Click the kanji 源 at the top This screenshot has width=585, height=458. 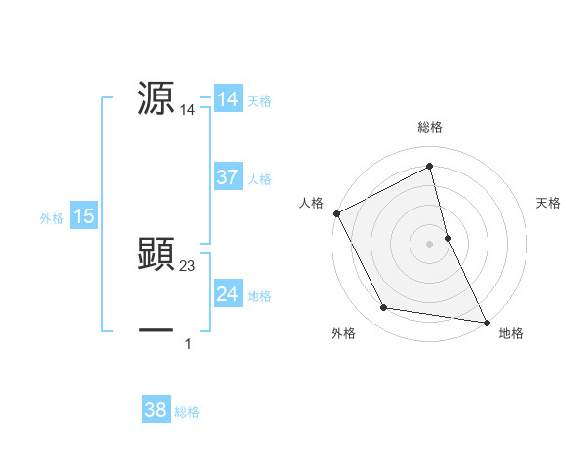[x=157, y=98]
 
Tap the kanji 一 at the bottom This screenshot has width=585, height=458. [x=157, y=330]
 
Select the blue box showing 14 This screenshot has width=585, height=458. [x=228, y=99]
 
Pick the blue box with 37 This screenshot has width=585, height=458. [x=228, y=177]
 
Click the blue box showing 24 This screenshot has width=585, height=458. [x=228, y=294]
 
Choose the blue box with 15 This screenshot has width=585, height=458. [x=84, y=216]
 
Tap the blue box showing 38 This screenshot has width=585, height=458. [x=156, y=410]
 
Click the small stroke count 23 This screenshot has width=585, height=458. [x=188, y=266]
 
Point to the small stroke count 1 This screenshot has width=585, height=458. [x=188, y=344]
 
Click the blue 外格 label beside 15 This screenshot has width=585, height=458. [x=52, y=218]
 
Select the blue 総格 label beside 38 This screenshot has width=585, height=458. [x=187, y=412]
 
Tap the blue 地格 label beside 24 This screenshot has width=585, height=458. [x=259, y=296]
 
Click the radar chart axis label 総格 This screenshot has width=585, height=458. [x=430, y=127]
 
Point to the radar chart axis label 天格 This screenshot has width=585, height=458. [x=548, y=203]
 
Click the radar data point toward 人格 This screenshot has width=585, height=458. [x=336, y=213]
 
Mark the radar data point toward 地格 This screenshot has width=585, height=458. [x=486, y=322]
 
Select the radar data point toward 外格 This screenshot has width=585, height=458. [x=384, y=308]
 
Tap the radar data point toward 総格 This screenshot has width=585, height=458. [x=429, y=167]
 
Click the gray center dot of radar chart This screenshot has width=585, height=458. [x=429, y=243]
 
